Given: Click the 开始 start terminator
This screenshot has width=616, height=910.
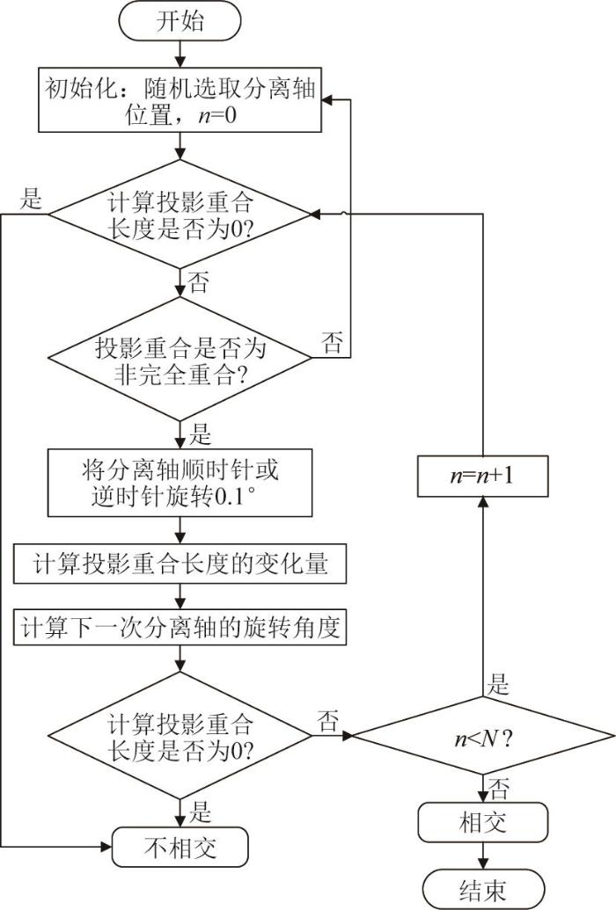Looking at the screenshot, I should pyautogui.click(x=180, y=21).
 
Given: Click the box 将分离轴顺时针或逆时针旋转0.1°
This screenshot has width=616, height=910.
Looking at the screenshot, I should pyautogui.click(x=180, y=483).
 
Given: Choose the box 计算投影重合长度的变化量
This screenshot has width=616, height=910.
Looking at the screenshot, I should pyautogui.click(x=180, y=563).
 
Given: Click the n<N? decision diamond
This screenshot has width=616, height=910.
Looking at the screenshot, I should pyautogui.click(x=483, y=737).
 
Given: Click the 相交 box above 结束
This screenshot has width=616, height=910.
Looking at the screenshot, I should pyautogui.click(x=483, y=823).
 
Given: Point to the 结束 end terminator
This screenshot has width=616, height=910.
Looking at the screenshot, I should pyautogui.click(x=483, y=889).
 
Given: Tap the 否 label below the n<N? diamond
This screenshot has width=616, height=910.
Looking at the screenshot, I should pyautogui.click(x=498, y=786).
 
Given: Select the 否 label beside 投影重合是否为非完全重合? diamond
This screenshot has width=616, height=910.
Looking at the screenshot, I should pyautogui.click(x=333, y=343).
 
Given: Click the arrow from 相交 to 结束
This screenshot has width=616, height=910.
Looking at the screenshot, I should pyautogui.click(x=483, y=855).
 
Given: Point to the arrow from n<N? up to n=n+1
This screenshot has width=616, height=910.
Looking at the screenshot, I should pyautogui.click(x=483, y=598).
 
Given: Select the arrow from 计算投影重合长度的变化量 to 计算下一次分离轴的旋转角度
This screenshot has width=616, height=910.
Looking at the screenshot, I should pyautogui.click(x=180, y=595).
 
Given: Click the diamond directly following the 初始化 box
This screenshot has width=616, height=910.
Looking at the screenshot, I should pyautogui.click(x=180, y=214).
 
